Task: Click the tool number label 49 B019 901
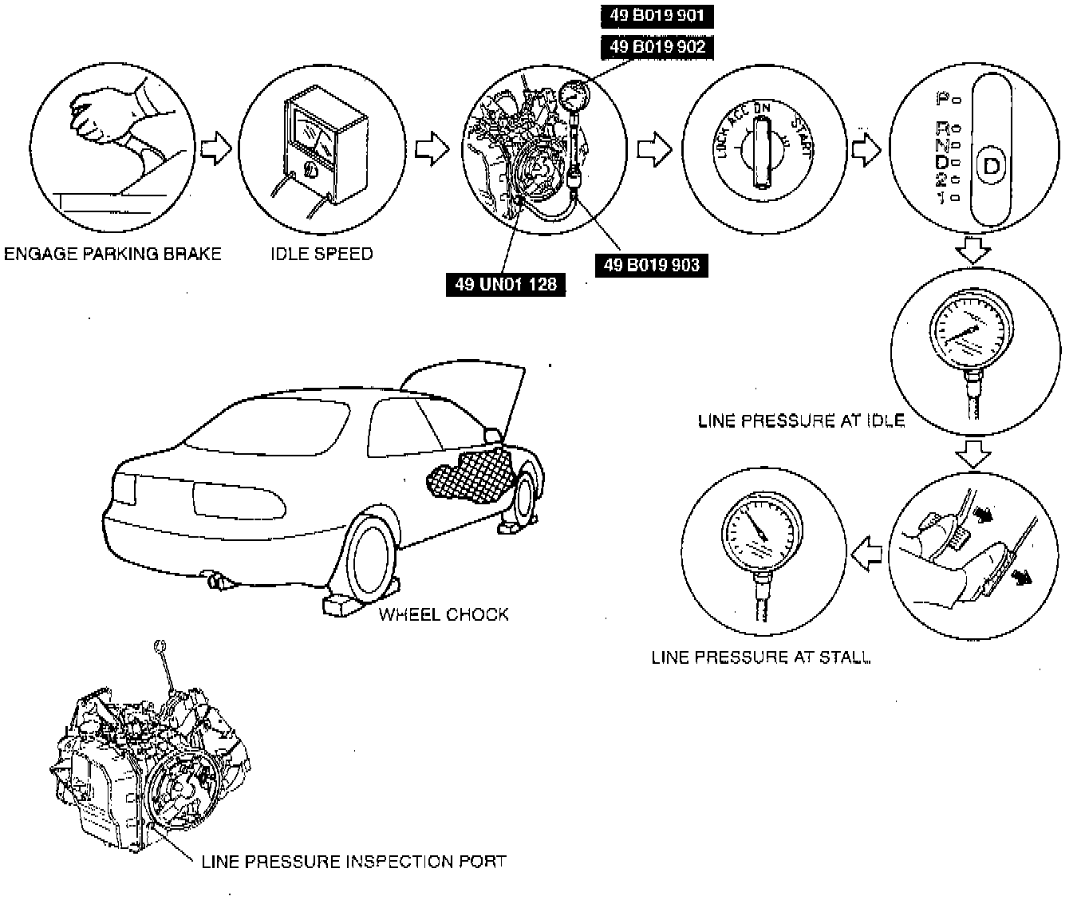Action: [656, 16]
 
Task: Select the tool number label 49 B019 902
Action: [657, 46]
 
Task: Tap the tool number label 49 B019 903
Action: [651, 265]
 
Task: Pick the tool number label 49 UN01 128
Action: [506, 283]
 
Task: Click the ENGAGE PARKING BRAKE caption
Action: [112, 254]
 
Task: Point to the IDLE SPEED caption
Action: [322, 254]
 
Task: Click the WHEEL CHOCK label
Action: [443, 614]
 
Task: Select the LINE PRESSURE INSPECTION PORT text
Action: [353, 862]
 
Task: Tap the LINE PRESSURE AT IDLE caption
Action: [801, 420]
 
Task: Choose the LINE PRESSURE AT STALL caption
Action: [761, 657]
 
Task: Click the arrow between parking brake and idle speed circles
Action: [215, 148]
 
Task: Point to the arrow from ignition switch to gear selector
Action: [865, 148]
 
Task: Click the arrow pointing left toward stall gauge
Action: [867, 553]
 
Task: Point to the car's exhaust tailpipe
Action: [217, 582]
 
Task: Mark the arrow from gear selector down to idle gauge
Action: [972, 250]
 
